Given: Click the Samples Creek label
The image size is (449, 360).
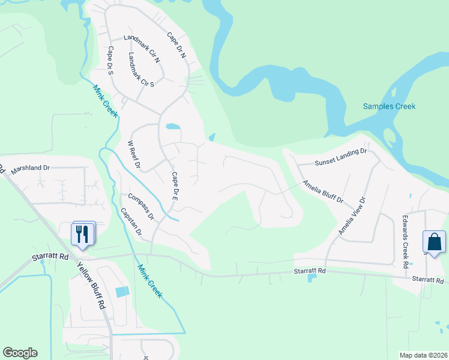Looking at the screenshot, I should [x=389, y=106].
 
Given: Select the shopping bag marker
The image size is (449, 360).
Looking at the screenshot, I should [x=434, y=242].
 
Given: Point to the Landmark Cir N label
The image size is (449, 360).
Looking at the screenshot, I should [x=142, y=49].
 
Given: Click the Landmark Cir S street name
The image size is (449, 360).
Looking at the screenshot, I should [x=141, y=70].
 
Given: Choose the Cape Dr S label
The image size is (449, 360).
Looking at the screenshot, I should [x=110, y=61].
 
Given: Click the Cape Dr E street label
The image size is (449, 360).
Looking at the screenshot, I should [x=175, y=186].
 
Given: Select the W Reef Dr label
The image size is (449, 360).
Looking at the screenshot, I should [x=134, y=154].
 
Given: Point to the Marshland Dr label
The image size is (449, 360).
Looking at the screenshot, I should [x=30, y=168].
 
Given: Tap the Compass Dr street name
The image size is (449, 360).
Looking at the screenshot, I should [x=141, y=206].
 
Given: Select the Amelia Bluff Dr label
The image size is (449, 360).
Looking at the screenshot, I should [x=322, y=191].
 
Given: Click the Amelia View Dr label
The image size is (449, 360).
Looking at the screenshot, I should [x=351, y=215].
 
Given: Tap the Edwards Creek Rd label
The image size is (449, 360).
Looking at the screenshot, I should [x=406, y=240].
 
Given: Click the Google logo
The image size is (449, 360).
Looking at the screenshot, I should [x=20, y=353].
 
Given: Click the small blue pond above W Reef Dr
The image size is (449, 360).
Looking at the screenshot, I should [x=172, y=127].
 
